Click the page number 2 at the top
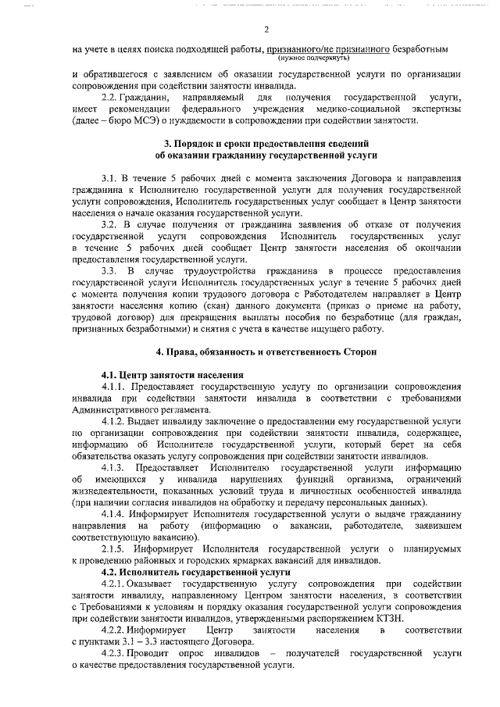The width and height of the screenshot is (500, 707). point(266,30)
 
